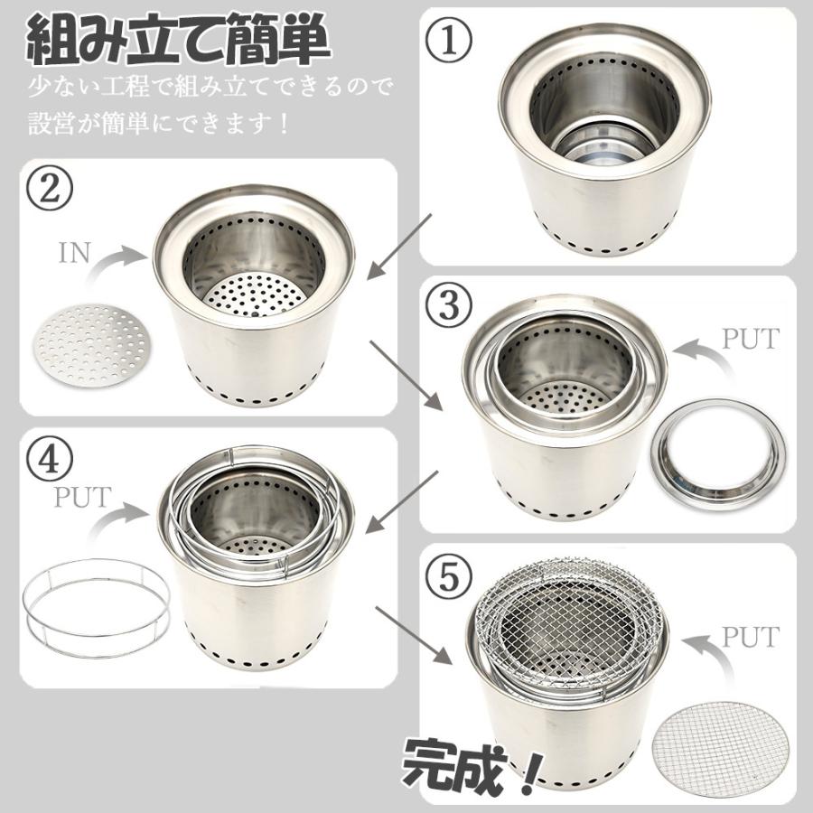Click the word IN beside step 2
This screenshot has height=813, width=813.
pos(75,252)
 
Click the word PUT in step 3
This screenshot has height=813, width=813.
pos(749,339)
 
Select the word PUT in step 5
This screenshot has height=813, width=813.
pos(748,637)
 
